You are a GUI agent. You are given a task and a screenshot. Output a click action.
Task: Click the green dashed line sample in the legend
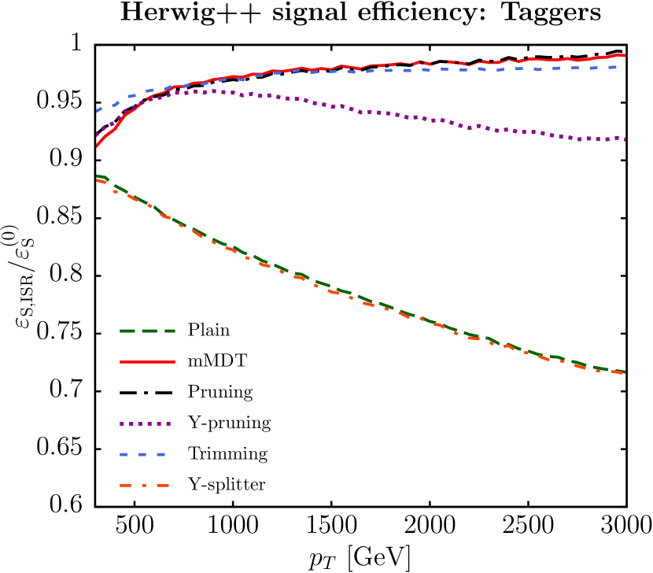coord(147,331)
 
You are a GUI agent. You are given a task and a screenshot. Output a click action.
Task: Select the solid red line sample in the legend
coord(147,362)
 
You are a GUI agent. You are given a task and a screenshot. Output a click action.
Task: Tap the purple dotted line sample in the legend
coord(146,423)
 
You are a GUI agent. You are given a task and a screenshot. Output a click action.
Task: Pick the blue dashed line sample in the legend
coord(142,454)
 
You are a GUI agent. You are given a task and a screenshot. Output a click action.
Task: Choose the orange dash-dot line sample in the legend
coord(145,486)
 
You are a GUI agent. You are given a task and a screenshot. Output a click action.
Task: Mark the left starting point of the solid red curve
coord(96,146)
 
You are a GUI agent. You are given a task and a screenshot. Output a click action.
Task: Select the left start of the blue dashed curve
coord(97,111)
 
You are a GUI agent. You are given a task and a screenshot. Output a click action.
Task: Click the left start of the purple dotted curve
coord(97,135)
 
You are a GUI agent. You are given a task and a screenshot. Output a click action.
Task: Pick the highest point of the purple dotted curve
coord(212,91)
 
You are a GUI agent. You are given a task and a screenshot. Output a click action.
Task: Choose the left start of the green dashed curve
coord(97,176)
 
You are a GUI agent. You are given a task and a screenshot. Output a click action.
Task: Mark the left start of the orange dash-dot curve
coord(97,180)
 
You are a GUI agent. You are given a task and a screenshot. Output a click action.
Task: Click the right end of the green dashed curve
coord(625,372)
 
